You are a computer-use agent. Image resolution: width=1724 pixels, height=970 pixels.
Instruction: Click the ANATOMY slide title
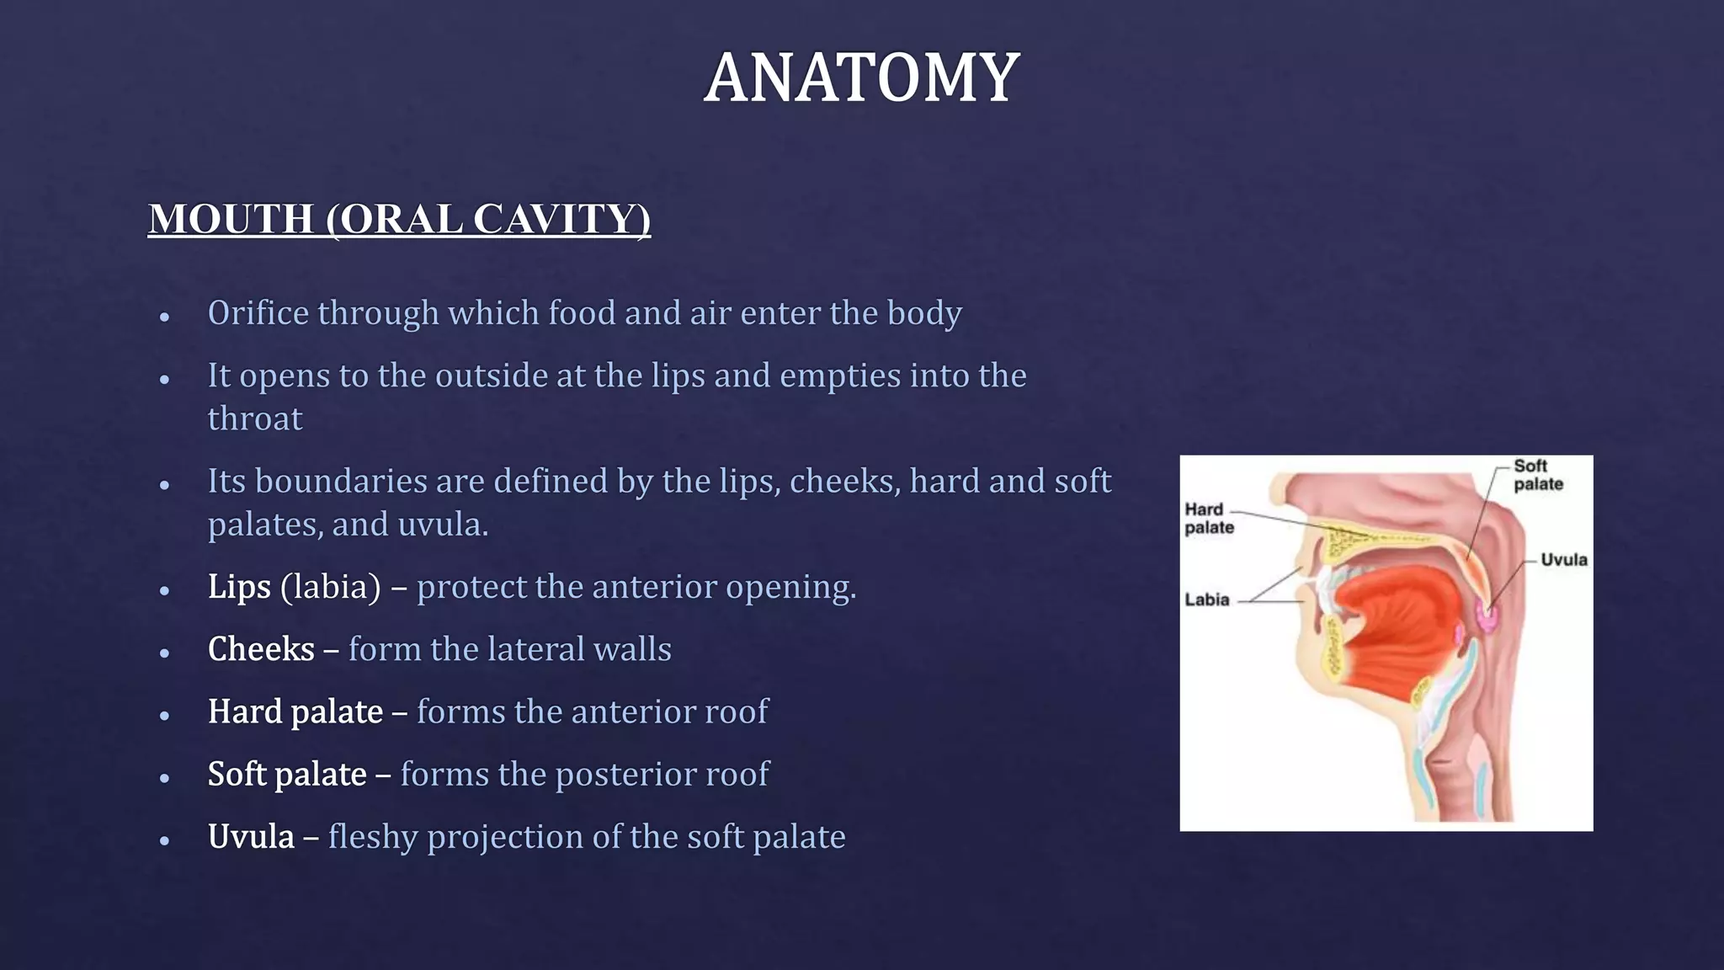pyautogui.click(x=861, y=77)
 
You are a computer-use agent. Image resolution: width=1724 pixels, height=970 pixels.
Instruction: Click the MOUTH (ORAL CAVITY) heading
pyautogui.click(x=399, y=219)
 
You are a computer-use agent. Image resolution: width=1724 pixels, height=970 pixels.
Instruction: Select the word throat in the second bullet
pyautogui.click(x=255, y=418)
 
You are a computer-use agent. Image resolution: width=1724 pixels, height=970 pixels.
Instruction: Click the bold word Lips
pyautogui.click(x=239, y=587)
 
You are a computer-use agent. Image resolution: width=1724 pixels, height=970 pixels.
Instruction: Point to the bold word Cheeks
pyautogui.click(x=261, y=649)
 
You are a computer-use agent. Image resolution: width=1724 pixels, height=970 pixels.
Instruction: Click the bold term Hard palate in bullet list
pyautogui.click(x=295, y=712)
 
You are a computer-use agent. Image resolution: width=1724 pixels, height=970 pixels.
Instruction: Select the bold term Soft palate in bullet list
pyautogui.click(x=287, y=775)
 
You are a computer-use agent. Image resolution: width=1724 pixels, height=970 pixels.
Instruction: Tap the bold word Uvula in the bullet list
pyautogui.click(x=251, y=837)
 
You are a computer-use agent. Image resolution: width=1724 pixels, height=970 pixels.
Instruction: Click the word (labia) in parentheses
pyautogui.click(x=331, y=587)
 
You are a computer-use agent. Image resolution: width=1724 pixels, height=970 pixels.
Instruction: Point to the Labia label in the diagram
pyautogui.click(x=1207, y=600)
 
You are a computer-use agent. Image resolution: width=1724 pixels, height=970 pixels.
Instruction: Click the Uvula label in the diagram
pyautogui.click(x=1563, y=560)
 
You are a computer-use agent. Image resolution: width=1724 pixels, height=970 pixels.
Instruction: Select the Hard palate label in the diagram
pyautogui.click(x=1208, y=518)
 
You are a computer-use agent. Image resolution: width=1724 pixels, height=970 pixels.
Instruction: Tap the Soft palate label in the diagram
pyautogui.click(x=1537, y=475)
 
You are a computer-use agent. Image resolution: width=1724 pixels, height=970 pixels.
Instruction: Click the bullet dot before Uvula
pyautogui.click(x=165, y=840)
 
